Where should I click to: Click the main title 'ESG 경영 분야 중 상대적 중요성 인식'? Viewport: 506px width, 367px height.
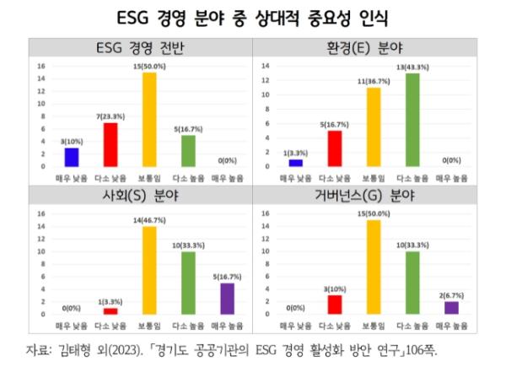tap(253, 17)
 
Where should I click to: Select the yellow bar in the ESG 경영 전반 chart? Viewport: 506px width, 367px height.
tap(148, 119)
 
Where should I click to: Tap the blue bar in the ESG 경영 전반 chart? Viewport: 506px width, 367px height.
tap(72, 156)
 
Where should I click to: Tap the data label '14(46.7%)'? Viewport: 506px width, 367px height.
tap(148, 219)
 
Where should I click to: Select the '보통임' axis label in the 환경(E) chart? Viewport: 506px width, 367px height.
tap(372, 177)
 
